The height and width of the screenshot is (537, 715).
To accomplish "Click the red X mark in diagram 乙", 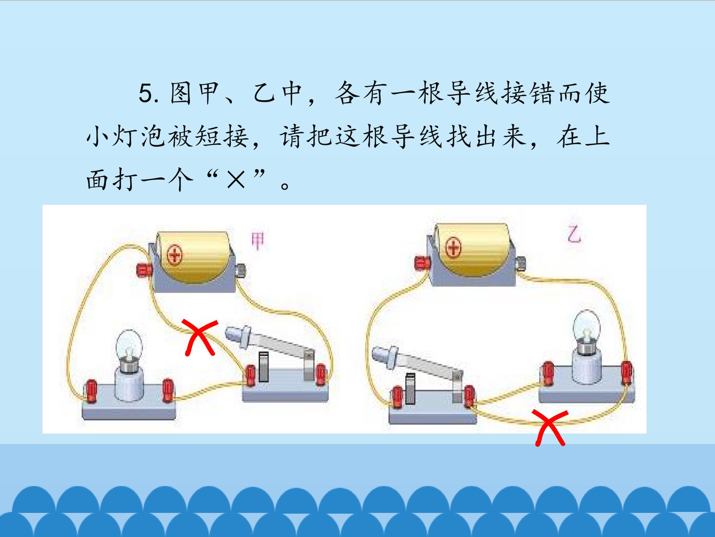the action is pos(550,427).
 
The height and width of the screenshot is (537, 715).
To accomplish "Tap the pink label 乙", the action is pos(574,234).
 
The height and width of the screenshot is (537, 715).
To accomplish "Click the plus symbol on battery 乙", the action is pos(454,248).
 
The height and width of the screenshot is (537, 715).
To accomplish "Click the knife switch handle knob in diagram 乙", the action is pos(385,355).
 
